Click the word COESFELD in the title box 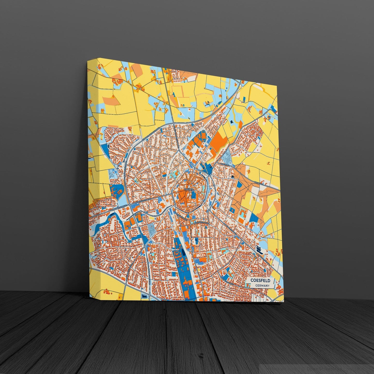click(x=260, y=281)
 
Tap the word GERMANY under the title click(x=262, y=286)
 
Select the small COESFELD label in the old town click(x=189, y=189)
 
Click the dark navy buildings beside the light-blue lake click(x=259, y=250)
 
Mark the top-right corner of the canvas click(x=277, y=85)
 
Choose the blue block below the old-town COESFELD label click(x=193, y=197)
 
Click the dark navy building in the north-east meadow click(x=231, y=122)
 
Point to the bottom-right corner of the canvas click(x=284, y=302)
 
